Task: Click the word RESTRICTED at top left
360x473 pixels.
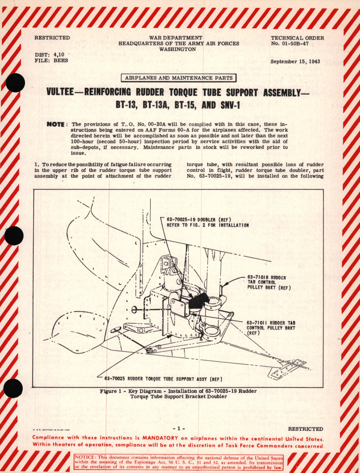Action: click(x=52, y=38)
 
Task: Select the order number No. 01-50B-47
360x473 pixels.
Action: click(x=297, y=44)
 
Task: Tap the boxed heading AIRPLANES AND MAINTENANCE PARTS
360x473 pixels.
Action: click(x=179, y=78)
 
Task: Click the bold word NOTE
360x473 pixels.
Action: click(x=56, y=124)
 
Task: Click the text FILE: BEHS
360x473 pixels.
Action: click(x=51, y=60)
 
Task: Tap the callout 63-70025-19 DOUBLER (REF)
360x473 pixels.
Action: click(x=199, y=220)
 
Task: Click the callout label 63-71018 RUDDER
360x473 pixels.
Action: click(x=266, y=277)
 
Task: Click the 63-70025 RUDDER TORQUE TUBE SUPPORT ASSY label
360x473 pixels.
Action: click(x=163, y=379)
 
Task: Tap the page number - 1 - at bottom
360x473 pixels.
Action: click(x=179, y=429)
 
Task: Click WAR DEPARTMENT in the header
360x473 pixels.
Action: click(x=175, y=38)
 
